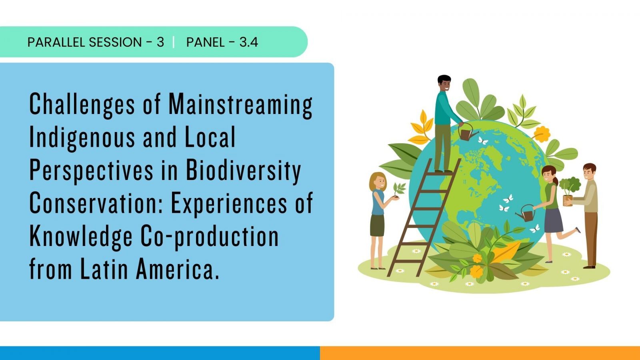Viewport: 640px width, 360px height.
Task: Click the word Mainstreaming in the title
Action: (240, 105)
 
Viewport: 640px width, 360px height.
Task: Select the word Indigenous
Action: (82, 138)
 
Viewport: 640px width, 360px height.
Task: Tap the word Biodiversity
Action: (244, 171)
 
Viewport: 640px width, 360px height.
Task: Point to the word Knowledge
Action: (81, 236)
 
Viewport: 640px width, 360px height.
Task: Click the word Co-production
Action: (210, 236)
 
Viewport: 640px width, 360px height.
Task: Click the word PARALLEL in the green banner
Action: (56, 42)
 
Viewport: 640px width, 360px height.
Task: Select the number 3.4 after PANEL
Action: (248, 42)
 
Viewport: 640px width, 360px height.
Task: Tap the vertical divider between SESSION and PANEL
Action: (174, 42)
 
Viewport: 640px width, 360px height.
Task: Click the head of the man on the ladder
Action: (444, 83)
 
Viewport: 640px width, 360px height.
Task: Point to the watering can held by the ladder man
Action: (468, 132)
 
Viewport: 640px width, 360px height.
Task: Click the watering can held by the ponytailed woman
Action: (526, 213)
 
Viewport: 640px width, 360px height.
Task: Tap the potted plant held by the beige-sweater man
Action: (569, 191)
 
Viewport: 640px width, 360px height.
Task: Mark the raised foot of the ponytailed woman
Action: (578, 230)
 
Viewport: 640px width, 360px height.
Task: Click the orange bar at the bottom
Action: (480, 353)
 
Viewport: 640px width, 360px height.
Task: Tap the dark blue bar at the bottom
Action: (160, 353)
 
